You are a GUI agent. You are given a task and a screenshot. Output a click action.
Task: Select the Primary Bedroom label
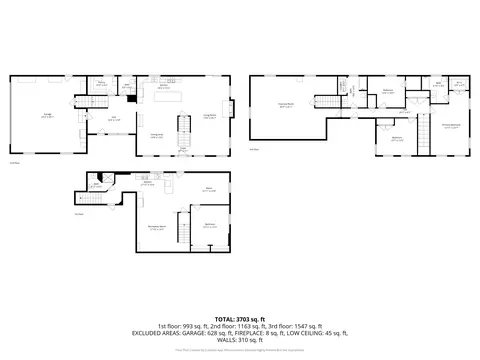pyautogui.click(x=452, y=125)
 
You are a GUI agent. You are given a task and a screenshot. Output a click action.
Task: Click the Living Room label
pyautogui.click(x=211, y=116)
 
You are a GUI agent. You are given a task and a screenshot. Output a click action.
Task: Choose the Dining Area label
pyautogui.click(x=157, y=137)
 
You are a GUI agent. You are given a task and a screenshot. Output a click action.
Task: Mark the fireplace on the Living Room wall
pyautogui.click(x=233, y=109)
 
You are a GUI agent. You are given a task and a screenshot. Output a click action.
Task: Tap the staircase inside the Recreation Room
pyautogui.click(x=182, y=229)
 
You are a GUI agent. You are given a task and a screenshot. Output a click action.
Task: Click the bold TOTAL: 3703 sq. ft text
pyautogui.click(x=240, y=318)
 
